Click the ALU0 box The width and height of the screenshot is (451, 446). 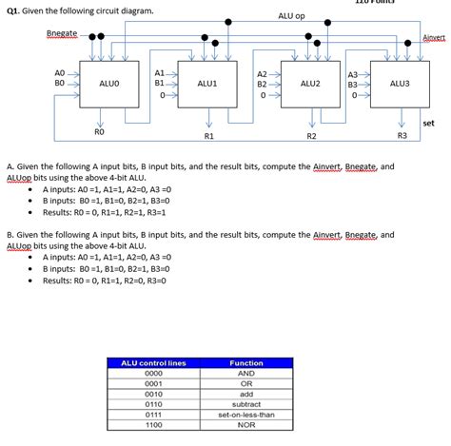coord(108,85)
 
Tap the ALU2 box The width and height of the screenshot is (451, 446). coord(310,85)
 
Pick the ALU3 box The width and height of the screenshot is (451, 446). coord(400,85)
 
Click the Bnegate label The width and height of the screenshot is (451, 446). coord(62,34)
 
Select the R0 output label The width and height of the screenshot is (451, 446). coord(100,132)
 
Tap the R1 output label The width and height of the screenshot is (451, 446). coord(208,137)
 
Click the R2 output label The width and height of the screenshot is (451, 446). coord(311,137)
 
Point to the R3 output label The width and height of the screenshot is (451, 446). coord(402,137)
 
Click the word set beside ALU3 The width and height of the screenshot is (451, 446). coord(428,123)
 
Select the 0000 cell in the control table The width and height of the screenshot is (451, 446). coord(154,373)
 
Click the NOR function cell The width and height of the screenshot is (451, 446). coord(246,424)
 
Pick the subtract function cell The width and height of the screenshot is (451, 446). coord(246,403)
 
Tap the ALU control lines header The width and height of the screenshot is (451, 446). coord(154,362)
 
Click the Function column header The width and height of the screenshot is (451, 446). coord(246,362)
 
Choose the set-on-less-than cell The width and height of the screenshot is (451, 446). coord(246,414)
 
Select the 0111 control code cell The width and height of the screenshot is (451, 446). coord(154,414)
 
